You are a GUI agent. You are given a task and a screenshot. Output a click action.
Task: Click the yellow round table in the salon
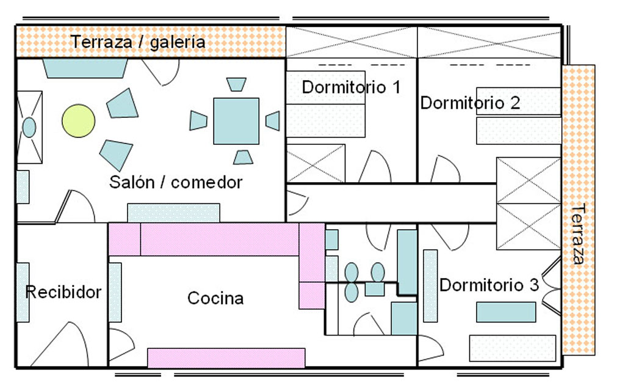(x=79, y=120)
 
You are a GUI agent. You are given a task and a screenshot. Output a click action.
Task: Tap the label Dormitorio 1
(x=351, y=87)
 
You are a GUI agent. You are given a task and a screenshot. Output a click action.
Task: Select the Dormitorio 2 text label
(x=470, y=103)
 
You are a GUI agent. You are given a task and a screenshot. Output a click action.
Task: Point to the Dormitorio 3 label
(x=489, y=285)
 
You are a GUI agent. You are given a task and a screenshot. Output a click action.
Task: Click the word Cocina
(x=215, y=298)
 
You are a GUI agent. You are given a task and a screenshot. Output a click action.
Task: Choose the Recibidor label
(x=63, y=292)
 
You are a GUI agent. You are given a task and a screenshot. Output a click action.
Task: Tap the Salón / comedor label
(x=176, y=182)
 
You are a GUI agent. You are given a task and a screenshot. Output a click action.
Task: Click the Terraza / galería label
(x=138, y=42)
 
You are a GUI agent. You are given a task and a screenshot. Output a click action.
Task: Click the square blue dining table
(x=236, y=121)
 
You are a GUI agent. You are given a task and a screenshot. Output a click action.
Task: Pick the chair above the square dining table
(x=236, y=84)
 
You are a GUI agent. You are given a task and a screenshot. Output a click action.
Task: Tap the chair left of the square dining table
(x=198, y=120)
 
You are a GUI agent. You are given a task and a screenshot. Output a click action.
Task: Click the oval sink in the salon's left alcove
(x=29, y=127)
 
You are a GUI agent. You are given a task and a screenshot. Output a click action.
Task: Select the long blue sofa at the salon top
(x=85, y=68)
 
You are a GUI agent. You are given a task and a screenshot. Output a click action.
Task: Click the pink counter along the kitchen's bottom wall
(x=226, y=358)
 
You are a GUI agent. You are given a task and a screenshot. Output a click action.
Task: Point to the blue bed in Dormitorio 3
(x=505, y=312)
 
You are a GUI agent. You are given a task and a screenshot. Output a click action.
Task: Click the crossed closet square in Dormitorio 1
(x=316, y=163)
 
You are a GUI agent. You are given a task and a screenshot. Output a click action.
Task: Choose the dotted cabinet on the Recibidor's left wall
(x=23, y=292)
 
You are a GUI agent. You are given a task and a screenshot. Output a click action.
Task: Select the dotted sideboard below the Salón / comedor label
(x=173, y=213)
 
